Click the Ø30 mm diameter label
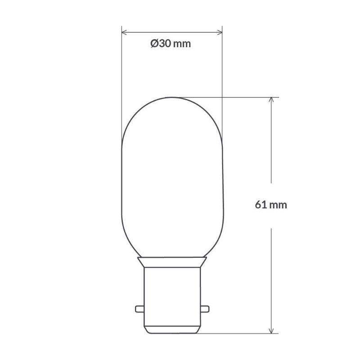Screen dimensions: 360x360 coord(171,44)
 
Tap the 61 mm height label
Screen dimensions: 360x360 coord(271,205)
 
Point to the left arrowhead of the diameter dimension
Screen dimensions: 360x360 coord(125,32)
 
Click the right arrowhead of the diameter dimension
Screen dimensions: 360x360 coord(220,32)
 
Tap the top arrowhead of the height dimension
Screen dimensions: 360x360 coord(271,100)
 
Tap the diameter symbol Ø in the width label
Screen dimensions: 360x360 coord(154,44)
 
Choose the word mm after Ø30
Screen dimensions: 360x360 coord(181,44)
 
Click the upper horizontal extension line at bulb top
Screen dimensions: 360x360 coord(234,97)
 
